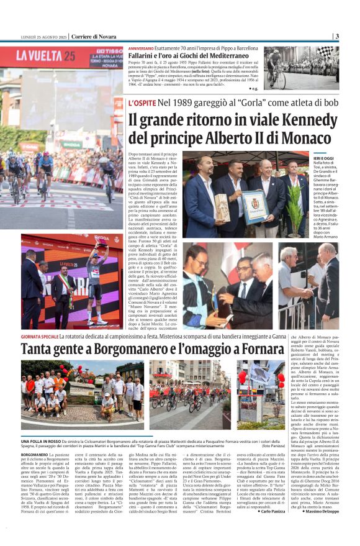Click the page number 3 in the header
(337, 36)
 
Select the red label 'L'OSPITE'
(142, 101)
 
